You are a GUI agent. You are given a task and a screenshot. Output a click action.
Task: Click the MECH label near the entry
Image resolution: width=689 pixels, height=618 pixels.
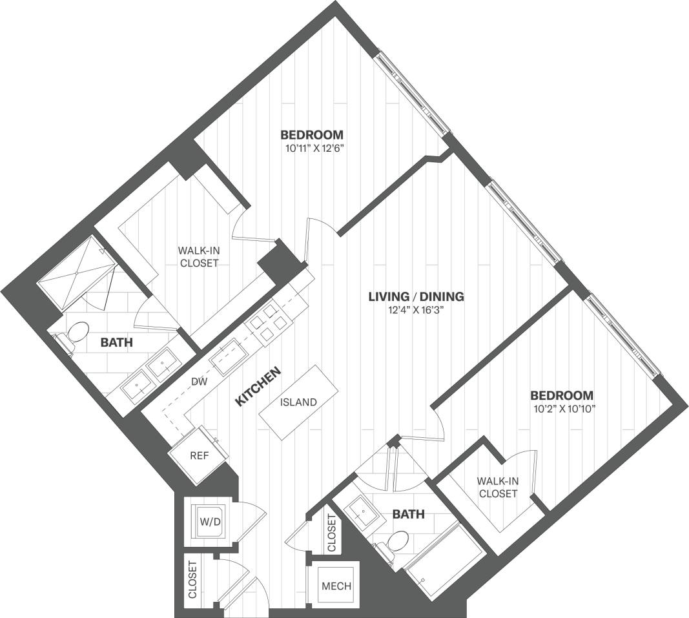[x=336, y=586]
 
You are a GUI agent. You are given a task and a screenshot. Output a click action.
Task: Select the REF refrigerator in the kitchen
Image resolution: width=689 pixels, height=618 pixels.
[x=199, y=455]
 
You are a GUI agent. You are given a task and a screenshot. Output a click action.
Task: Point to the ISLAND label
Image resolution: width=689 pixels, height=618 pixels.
[x=298, y=402]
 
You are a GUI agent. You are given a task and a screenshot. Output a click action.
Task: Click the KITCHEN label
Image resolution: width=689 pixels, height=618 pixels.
[x=258, y=386]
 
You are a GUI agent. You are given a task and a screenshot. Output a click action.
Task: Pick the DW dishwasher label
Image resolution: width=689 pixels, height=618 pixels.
[x=199, y=382]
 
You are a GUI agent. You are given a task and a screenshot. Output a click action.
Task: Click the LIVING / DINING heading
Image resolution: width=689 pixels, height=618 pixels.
[x=416, y=297]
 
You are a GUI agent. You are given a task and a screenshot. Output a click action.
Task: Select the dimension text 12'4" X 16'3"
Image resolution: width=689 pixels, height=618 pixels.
[x=416, y=311]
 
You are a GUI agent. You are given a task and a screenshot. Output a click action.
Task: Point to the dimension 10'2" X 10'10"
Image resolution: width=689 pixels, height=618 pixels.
[x=561, y=408]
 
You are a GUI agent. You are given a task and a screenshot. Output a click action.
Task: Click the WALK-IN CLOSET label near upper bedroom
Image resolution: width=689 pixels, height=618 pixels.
[x=198, y=257]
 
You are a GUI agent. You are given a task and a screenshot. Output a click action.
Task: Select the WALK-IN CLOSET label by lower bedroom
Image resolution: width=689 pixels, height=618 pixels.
[x=497, y=487]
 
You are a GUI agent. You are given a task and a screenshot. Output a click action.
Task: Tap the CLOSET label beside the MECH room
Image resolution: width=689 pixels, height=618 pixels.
[x=331, y=533]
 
